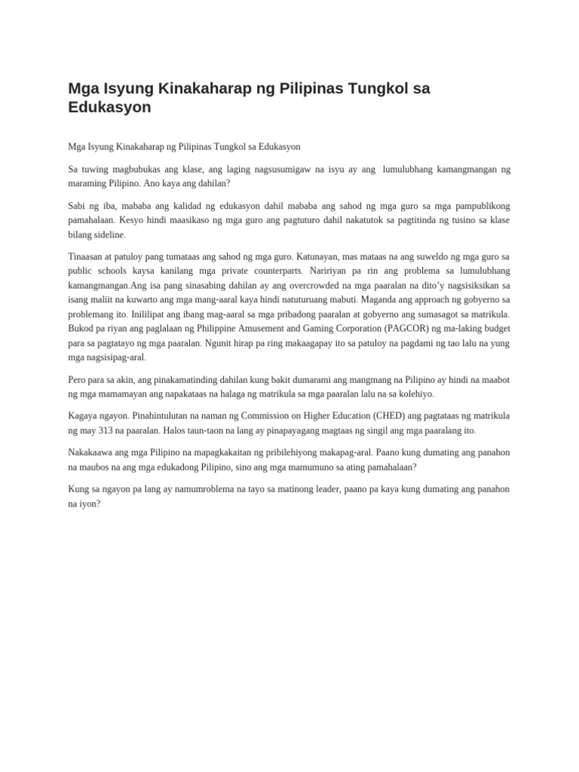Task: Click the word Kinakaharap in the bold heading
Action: [x=201, y=88]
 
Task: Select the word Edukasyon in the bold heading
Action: [x=109, y=107]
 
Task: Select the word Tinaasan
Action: [x=85, y=256]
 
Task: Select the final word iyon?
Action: [x=90, y=504]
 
